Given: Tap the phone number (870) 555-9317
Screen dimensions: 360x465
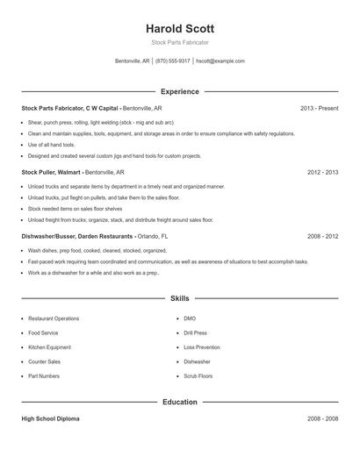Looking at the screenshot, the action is click(x=173, y=61).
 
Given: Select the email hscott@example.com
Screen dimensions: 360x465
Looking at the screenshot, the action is click(x=220, y=61).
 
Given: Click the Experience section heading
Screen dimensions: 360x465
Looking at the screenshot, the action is click(x=179, y=91).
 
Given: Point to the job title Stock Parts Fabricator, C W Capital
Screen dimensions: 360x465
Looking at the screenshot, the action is click(x=70, y=108).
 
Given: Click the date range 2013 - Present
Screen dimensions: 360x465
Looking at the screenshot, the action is click(x=319, y=108).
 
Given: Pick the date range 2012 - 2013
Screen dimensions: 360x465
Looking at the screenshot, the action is click(x=322, y=173).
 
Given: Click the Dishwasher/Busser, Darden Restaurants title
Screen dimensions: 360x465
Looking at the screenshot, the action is click(x=77, y=237).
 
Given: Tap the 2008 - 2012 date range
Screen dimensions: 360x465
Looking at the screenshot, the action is click(x=322, y=237).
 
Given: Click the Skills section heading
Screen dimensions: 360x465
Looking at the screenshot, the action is click(x=179, y=298).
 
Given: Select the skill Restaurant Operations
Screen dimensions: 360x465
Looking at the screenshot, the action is click(x=54, y=318).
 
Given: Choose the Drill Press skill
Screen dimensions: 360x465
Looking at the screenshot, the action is click(x=196, y=333).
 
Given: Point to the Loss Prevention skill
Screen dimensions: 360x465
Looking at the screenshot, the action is click(x=202, y=347).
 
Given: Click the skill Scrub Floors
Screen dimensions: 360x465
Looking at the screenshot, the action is click(x=198, y=376).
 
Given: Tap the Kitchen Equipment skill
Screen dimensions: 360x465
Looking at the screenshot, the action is click(x=50, y=347).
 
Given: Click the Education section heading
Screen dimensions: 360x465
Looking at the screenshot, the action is click(x=179, y=402).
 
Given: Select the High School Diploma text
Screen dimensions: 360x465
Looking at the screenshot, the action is click(x=50, y=418).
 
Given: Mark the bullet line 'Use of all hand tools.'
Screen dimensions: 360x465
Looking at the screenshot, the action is click(x=51, y=144).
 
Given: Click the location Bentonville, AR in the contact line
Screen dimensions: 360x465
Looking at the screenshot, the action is click(x=133, y=61).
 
